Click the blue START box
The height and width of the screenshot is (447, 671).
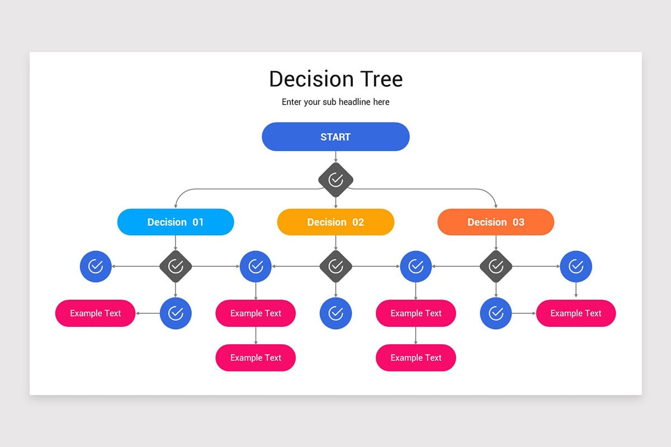[x=335, y=137]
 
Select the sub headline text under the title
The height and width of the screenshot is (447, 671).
[x=335, y=102]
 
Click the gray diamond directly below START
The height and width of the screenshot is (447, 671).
[x=335, y=179]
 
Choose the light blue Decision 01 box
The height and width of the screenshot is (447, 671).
[x=176, y=222]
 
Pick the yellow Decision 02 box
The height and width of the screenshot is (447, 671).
[x=335, y=222]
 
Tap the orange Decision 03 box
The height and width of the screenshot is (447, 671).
[x=495, y=222]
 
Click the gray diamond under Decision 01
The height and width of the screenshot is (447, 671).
[x=176, y=267]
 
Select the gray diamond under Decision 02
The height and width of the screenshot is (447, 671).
[x=335, y=267]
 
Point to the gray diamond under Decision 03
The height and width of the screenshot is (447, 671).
[x=495, y=267]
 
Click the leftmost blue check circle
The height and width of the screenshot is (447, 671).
[x=96, y=267]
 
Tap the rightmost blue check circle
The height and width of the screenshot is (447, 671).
[x=576, y=267]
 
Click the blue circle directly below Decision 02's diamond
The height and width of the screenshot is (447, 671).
[x=335, y=313]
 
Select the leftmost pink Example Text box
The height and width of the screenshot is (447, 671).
[x=95, y=313]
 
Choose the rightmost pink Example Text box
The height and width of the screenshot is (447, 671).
[x=576, y=313]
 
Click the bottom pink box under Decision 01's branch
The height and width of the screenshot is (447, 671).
[x=256, y=358]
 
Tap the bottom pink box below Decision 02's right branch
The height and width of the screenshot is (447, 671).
[x=415, y=358]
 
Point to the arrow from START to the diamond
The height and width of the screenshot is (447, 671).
[x=335, y=157]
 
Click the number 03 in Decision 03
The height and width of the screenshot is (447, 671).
[x=518, y=222]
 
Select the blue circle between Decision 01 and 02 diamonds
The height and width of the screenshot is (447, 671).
[x=256, y=267]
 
